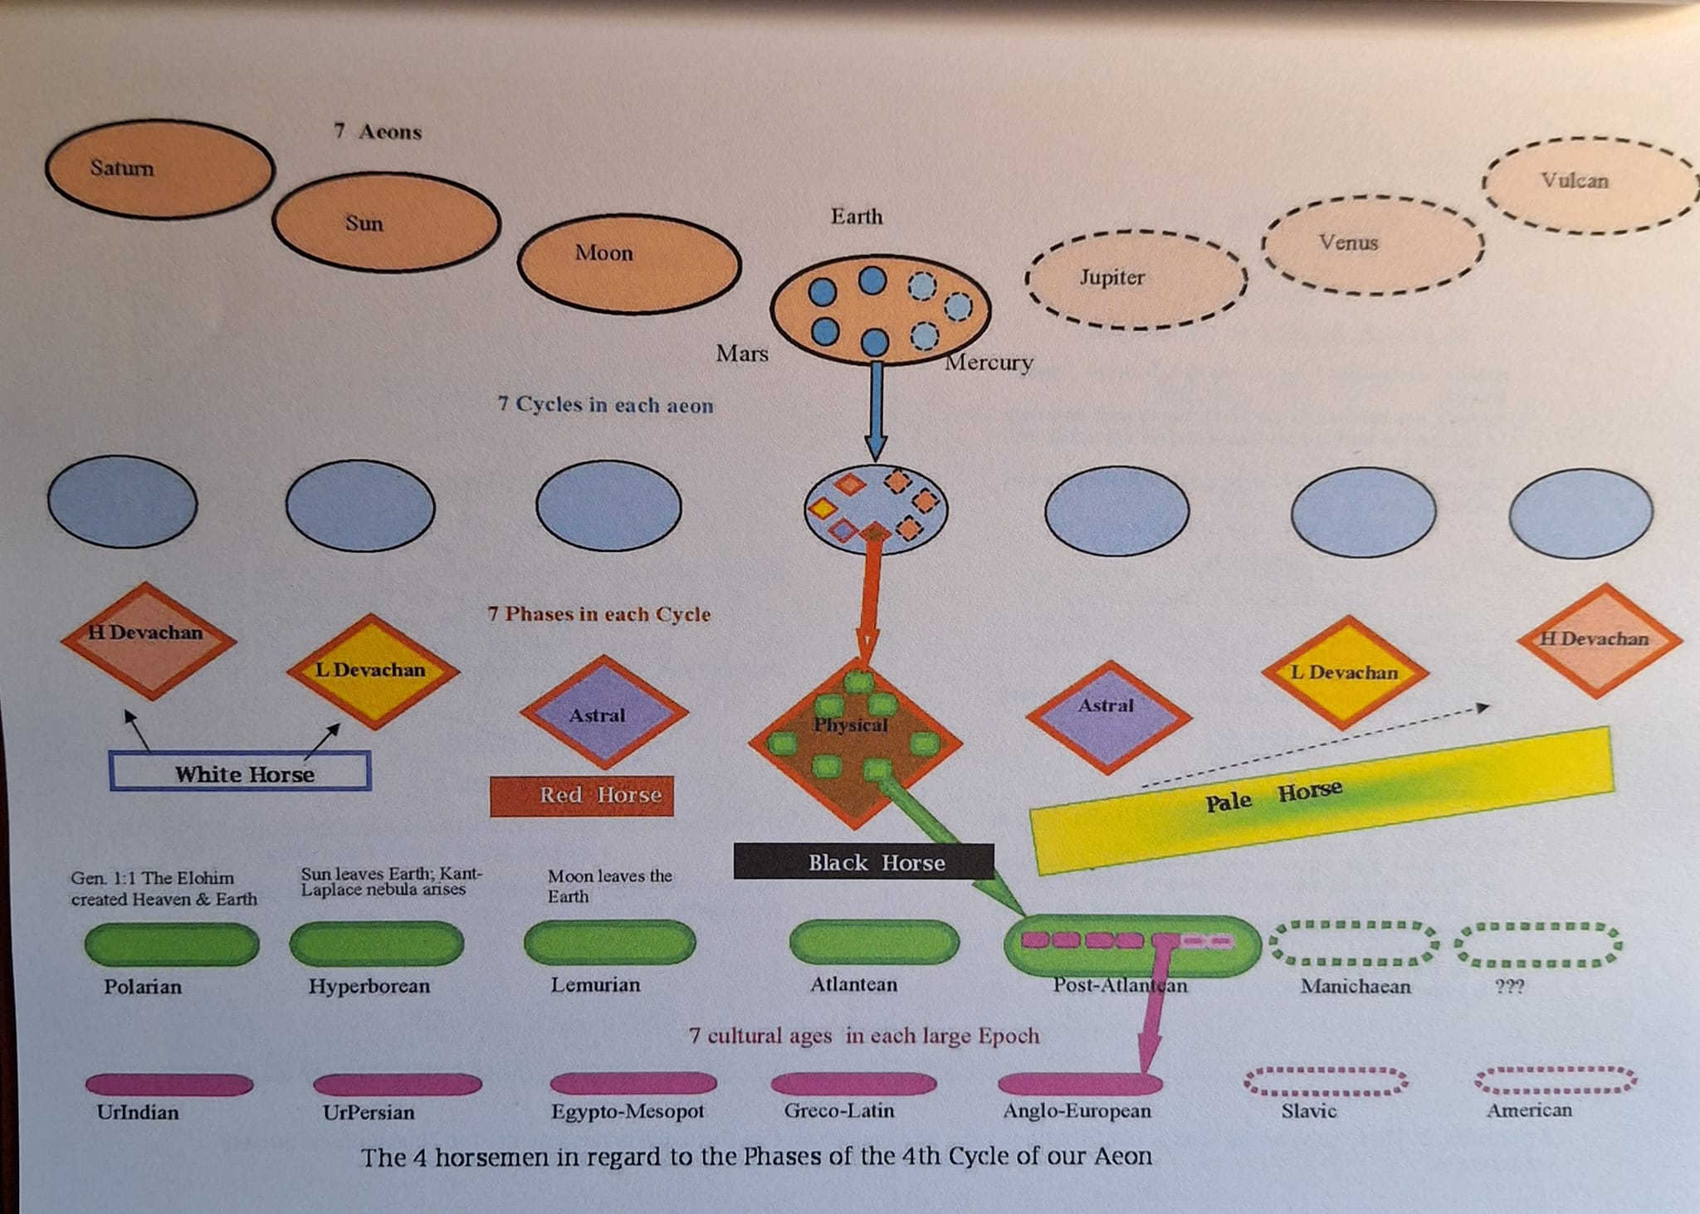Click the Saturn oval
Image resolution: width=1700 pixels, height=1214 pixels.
[x=159, y=169]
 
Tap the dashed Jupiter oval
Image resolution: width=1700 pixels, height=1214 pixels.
[x=1136, y=279]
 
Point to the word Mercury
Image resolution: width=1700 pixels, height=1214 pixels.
[x=989, y=363]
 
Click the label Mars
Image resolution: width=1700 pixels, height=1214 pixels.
[x=742, y=353]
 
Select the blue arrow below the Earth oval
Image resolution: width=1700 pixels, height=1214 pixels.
[x=876, y=411]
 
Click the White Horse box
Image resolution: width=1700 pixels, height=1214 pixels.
[x=241, y=772]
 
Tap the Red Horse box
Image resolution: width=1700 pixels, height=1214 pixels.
[x=582, y=796]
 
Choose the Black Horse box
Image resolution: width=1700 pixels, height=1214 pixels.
[x=863, y=862]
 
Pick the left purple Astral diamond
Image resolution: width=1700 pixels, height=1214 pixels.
[x=603, y=712]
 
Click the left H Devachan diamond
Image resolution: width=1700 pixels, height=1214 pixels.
[x=148, y=640]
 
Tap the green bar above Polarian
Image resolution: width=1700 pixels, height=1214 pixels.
[x=172, y=943]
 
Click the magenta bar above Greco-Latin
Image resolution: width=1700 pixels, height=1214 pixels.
[x=853, y=1084]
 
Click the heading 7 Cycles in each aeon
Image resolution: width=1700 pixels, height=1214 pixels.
[x=605, y=405]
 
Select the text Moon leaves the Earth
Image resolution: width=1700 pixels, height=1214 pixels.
[x=609, y=885]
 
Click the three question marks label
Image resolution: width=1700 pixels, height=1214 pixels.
[x=1508, y=987]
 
